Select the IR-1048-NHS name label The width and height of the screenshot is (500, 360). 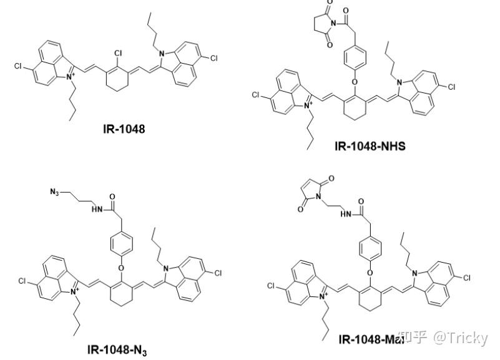tap(370, 147)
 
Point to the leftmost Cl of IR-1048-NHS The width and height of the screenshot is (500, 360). tap(255, 95)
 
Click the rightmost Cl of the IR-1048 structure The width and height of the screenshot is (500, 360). tap(213, 58)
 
